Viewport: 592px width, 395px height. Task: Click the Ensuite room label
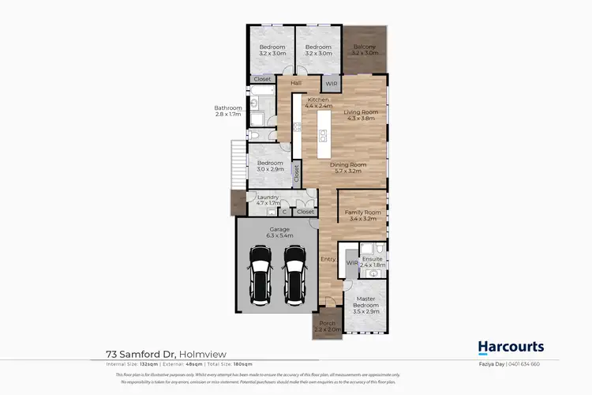372,261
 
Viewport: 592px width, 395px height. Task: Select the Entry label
328,258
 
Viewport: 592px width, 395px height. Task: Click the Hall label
296,83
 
